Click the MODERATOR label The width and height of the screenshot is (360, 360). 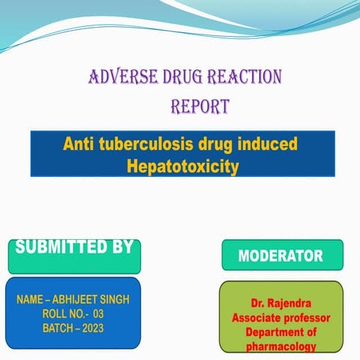[280, 256]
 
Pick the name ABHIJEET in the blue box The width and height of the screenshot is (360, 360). [76, 299]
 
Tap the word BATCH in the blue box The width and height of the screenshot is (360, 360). [55, 328]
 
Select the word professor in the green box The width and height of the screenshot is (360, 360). [306, 318]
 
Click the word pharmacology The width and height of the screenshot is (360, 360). [280, 346]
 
